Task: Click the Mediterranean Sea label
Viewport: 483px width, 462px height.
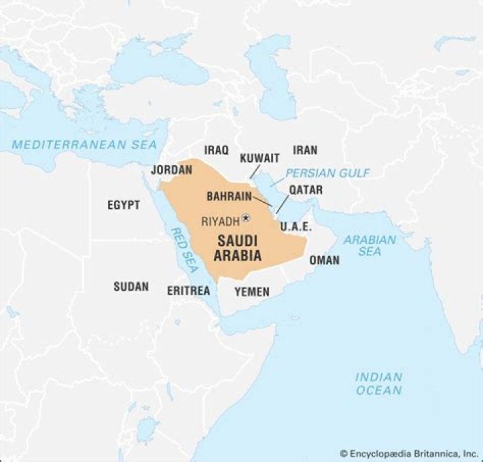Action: point(85,144)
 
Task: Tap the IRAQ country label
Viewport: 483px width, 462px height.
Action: point(217,150)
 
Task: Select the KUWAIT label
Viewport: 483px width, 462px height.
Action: point(260,158)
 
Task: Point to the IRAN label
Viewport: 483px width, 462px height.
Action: point(305,150)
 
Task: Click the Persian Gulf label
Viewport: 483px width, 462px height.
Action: point(327,173)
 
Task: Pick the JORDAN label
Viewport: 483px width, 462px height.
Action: point(172,170)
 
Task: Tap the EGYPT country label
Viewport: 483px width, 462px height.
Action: point(123,205)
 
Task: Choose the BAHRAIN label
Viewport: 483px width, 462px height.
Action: point(229,197)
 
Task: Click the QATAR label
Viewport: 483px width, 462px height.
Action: point(306,190)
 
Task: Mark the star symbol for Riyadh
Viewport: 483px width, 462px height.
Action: point(246,218)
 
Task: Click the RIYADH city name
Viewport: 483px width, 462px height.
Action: point(220,221)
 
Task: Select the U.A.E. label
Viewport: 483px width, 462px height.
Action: point(295,226)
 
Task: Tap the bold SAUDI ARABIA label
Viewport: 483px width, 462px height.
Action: point(238,248)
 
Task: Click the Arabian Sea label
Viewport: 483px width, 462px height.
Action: point(370,245)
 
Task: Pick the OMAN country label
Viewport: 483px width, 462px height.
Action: point(324,260)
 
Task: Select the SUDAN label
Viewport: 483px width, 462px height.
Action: point(131,287)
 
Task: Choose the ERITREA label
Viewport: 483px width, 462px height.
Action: point(189,291)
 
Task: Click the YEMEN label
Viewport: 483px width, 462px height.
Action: point(252,291)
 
